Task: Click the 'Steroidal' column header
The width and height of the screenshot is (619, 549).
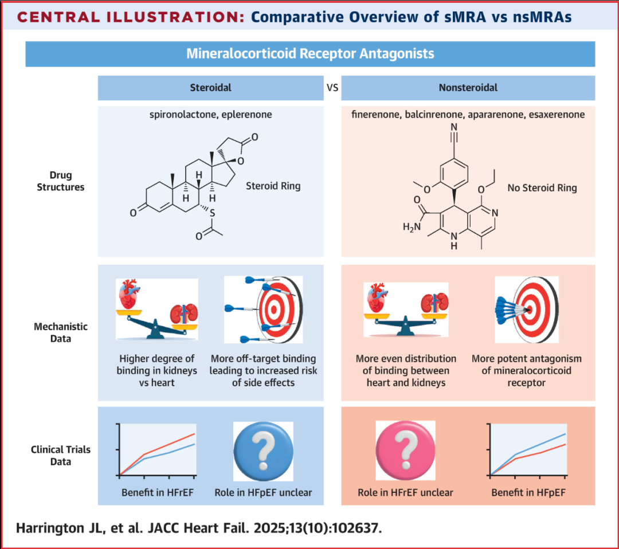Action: point(210,88)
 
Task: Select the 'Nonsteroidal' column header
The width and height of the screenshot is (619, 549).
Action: point(468,88)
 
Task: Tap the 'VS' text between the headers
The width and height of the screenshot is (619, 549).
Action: point(332,88)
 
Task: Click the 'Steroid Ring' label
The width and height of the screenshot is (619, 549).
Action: point(272,186)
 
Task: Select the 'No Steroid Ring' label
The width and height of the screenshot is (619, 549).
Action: point(542,188)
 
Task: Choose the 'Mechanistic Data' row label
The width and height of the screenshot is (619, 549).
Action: point(61,332)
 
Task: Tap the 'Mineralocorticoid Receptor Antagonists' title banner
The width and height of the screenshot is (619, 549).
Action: point(310,54)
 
